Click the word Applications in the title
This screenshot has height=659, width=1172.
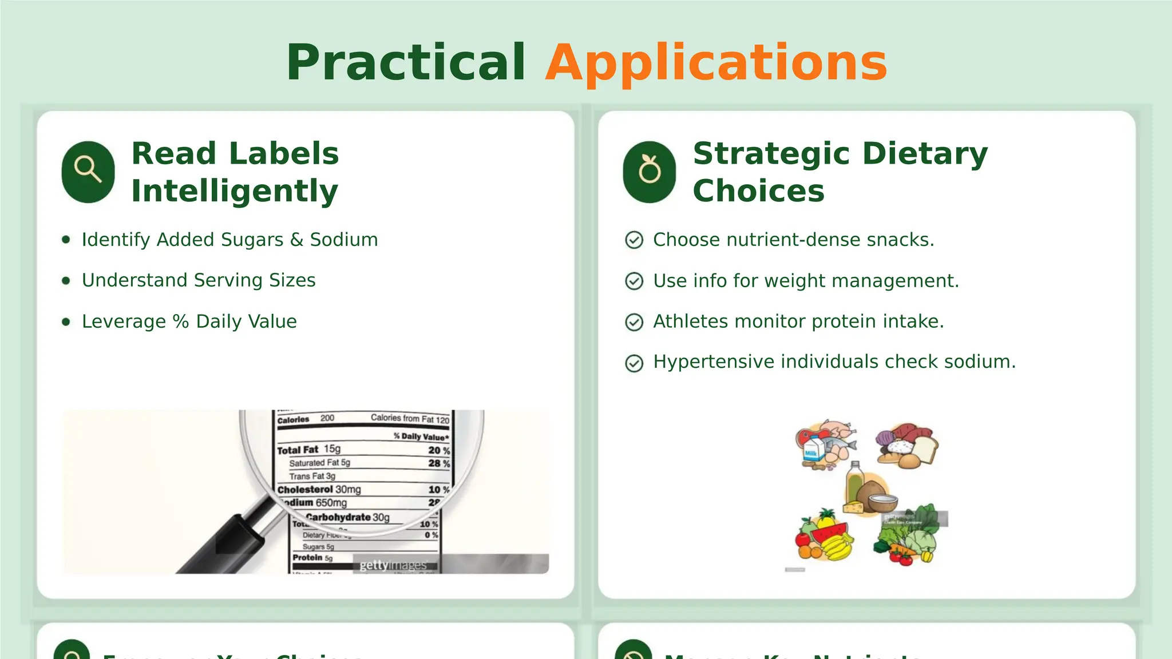click(x=716, y=63)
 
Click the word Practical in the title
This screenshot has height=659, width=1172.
click(x=405, y=63)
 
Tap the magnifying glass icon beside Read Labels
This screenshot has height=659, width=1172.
click(x=88, y=171)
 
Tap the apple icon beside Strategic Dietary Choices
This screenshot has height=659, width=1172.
click(x=650, y=171)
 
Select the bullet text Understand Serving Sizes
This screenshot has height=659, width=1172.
click(x=198, y=280)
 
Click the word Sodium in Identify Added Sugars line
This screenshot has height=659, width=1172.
click(x=343, y=240)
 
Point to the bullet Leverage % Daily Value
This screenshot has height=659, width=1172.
click(x=189, y=321)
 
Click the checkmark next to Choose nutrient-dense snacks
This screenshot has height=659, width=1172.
click(x=634, y=240)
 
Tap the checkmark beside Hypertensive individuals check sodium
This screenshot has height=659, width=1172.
click(x=634, y=363)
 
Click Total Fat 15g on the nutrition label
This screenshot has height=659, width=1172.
click(x=309, y=450)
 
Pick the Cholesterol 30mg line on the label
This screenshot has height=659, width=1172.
click(x=319, y=490)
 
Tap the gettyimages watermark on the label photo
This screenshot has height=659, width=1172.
click(x=393, y=565)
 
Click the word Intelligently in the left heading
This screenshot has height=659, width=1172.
click(x=235, y=191)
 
